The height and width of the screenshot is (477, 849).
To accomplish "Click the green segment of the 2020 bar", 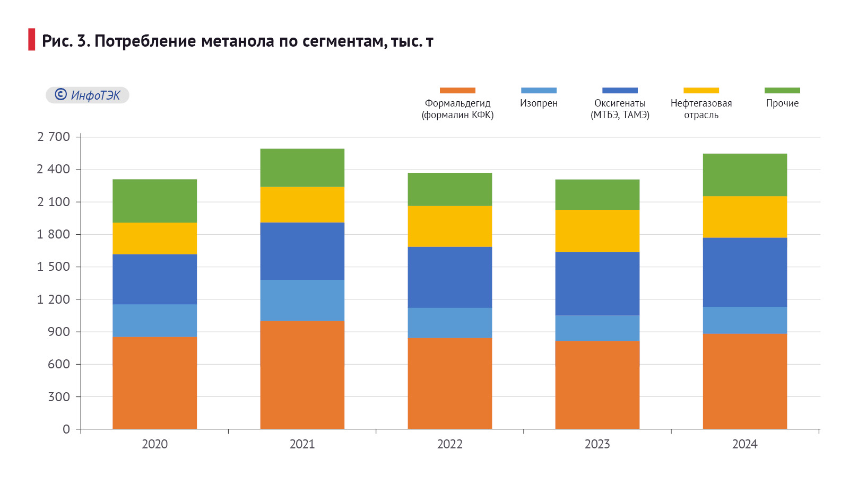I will tap(154, 201).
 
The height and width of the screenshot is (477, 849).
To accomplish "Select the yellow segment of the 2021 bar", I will tap(302, 205).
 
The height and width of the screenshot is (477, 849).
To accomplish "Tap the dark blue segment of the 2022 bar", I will tap(449, 277).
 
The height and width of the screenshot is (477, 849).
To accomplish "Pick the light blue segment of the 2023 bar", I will tap(597, 328).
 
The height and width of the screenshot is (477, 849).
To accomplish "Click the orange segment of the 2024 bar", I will tap(744, 381).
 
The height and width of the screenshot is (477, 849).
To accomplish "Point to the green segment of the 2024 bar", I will tap(744, 175).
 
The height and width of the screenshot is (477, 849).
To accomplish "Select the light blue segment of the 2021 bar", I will tap(302, 300).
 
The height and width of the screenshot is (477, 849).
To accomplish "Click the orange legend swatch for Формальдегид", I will tap(457, 91).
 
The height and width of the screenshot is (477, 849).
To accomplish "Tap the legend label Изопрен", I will tap(539, 103).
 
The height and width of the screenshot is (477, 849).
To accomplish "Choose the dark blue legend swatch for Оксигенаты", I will tap(620, 91).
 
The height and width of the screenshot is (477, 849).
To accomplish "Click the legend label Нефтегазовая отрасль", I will tap(701, 109).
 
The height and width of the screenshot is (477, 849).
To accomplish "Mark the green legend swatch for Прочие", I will tap(782, 91).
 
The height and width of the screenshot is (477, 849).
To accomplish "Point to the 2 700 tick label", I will tap(54, 137).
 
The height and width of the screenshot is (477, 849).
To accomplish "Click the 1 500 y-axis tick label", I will tap(54, 267).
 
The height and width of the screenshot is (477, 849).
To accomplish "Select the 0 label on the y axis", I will tap(66, 429).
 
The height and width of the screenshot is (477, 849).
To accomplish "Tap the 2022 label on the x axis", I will tap(449, 444).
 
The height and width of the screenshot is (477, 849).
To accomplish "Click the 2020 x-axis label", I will tap(154, 444).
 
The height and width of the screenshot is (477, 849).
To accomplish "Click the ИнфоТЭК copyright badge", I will tap(88, 95).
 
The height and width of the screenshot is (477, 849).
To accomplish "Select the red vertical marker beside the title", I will tap(32, 40).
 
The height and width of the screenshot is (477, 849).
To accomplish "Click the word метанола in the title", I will tap(238, 41).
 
